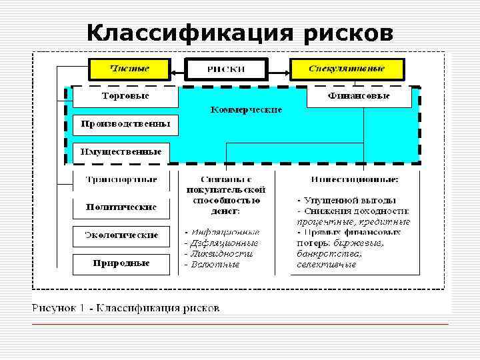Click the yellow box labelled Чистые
tap(129, 69)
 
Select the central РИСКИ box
tap(226, 69)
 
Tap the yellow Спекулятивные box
tap(347, 69)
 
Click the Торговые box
tap(125, 97)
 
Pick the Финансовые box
tap(359, 97)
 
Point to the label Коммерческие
tap(246, 109)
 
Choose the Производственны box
tap(125, 123)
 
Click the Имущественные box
tap(121, 152)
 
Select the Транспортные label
tap(121, 179)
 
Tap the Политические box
tap(121, 207)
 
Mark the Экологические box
tap(121, 235)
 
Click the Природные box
tap(121, 263)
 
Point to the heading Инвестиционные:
tap(355, 179)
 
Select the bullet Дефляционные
tap(222, 243)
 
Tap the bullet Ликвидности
tap(221, 254)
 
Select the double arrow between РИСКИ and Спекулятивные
tap(279, 69)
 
